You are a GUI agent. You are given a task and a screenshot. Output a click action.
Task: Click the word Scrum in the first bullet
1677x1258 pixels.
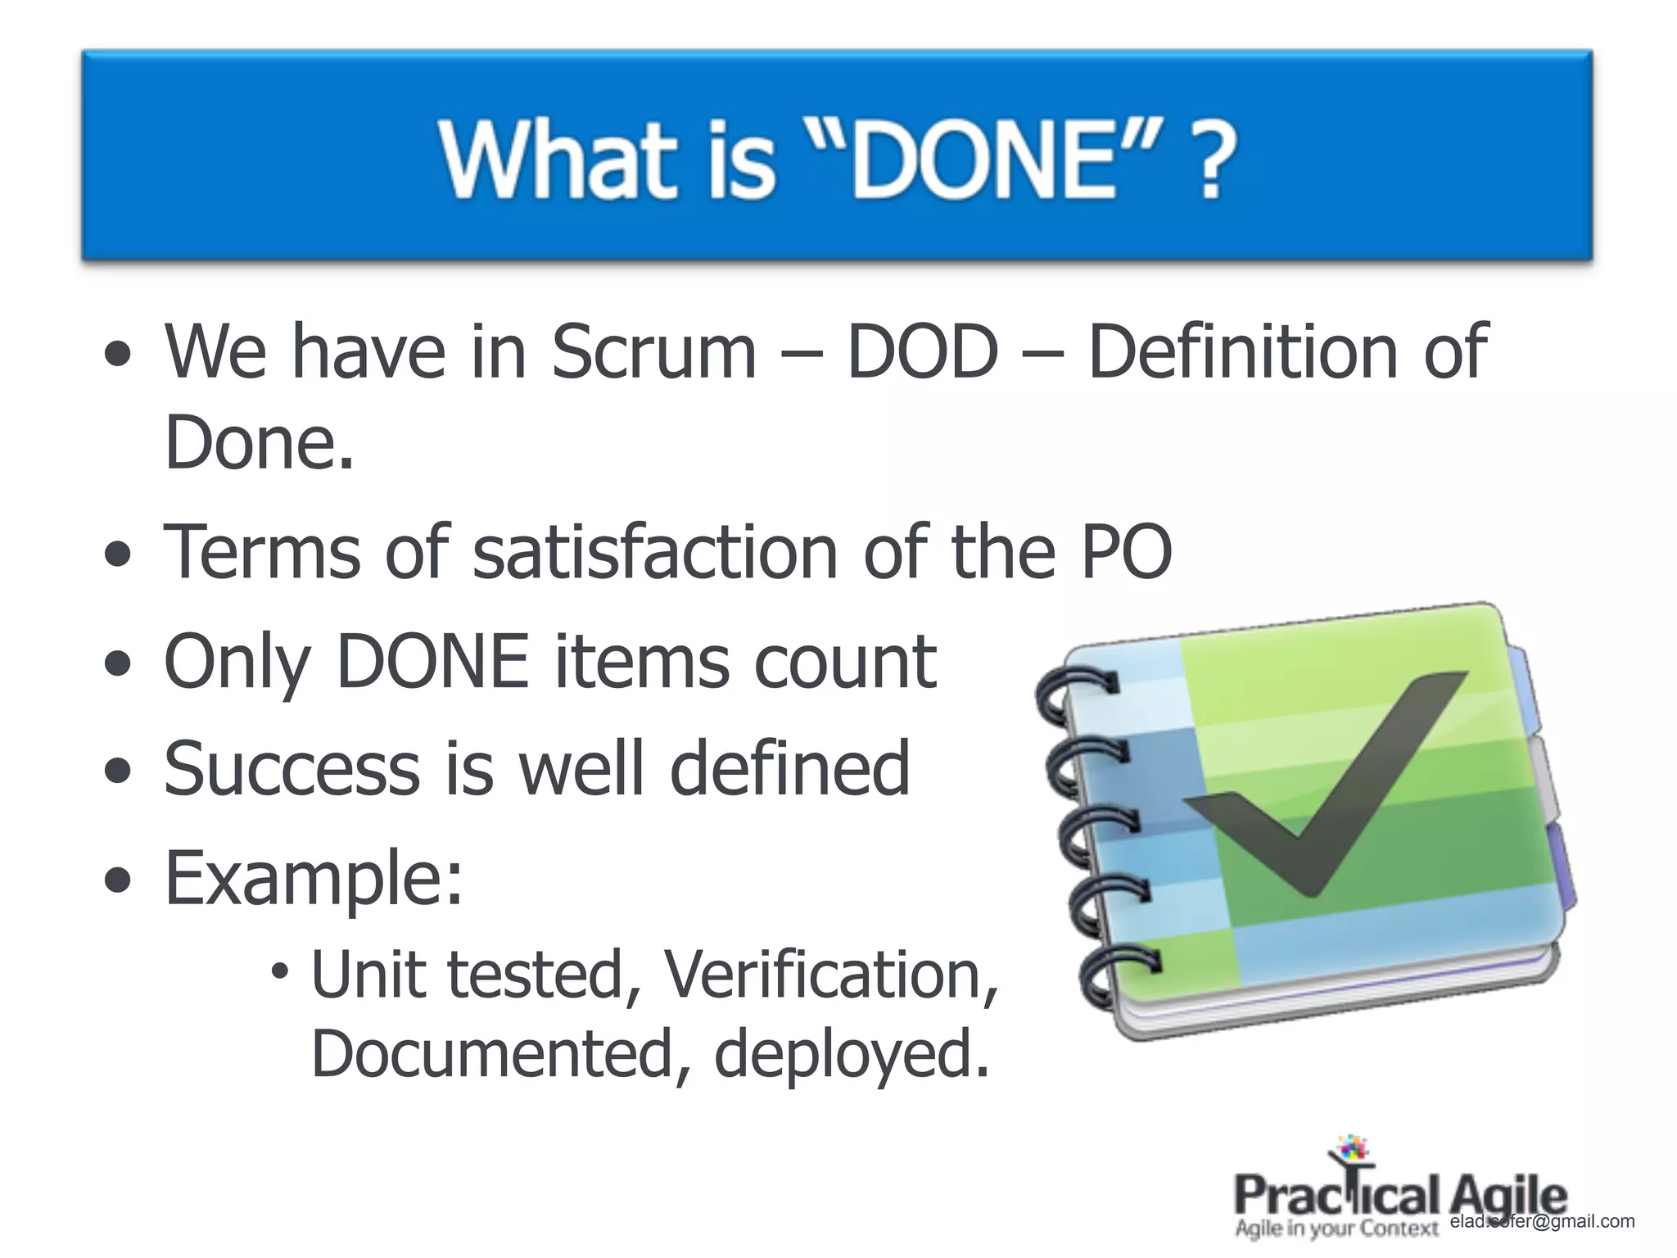pos(653,351)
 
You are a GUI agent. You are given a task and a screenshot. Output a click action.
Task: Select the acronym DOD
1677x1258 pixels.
pos(923,351)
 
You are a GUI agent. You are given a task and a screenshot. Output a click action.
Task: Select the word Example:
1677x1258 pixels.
pos(314,878)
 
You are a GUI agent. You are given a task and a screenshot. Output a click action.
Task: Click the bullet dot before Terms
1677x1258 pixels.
pos(119,555)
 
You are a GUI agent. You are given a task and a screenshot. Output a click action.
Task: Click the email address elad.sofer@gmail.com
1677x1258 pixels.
pos(1542,1221)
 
